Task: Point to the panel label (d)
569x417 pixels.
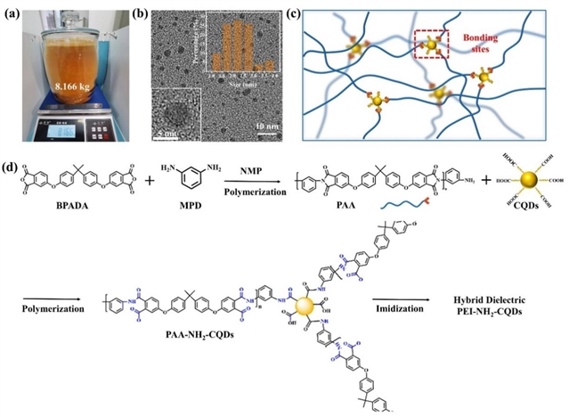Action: point(12,163)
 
